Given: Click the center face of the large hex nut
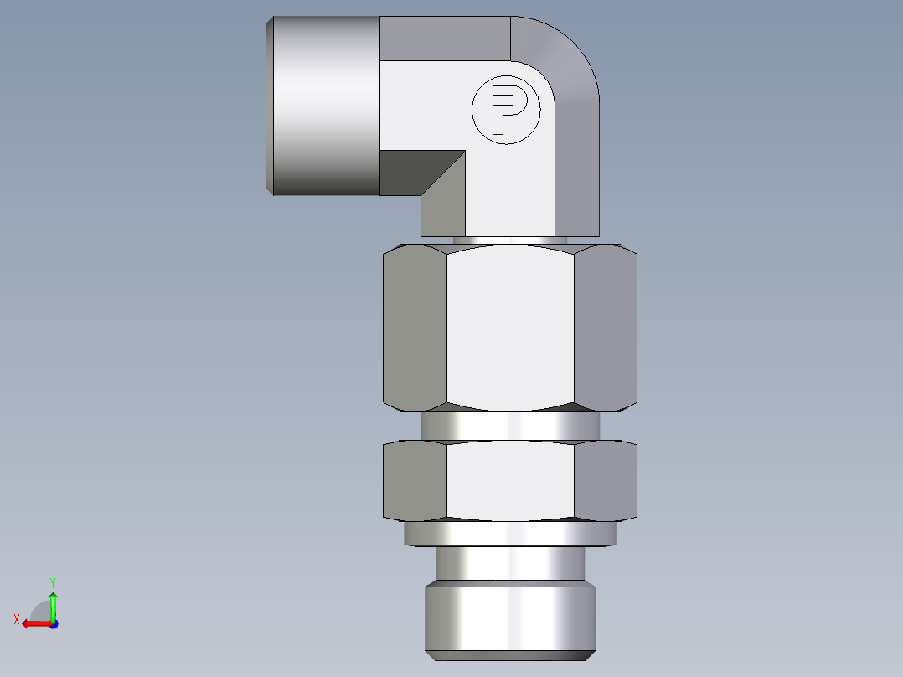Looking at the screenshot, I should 511,328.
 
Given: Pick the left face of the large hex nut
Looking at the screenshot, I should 415,328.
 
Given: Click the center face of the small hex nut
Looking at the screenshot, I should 511,481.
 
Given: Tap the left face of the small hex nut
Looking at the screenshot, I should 415,481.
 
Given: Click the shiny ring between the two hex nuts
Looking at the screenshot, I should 511,426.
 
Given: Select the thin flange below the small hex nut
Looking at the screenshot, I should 511,533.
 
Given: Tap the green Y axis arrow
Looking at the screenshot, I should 53,600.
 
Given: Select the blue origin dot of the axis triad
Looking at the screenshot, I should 53,623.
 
